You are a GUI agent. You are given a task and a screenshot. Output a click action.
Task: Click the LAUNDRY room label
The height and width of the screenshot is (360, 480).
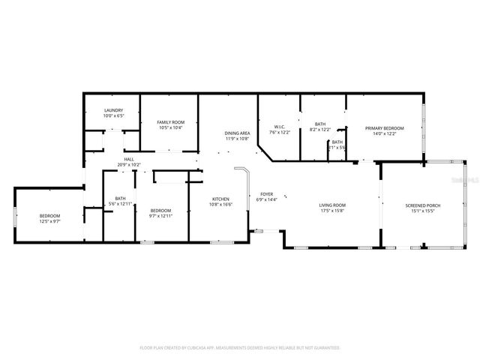113,111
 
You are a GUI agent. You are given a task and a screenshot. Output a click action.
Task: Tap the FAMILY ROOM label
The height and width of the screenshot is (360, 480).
170,122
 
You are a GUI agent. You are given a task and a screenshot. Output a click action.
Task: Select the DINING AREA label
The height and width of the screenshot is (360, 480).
236,133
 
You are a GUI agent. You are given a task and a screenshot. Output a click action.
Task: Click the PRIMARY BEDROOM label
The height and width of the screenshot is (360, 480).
384,128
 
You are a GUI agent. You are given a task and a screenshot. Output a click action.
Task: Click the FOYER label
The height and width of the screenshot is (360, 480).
267,194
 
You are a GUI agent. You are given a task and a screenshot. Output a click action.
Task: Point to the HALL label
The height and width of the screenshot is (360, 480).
129,159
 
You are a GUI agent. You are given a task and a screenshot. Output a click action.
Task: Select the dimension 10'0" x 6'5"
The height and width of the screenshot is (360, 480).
113,116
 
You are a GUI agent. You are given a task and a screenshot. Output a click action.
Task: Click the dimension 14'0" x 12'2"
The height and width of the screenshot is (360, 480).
384,133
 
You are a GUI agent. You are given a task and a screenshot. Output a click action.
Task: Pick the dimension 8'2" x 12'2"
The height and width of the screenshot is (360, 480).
320,130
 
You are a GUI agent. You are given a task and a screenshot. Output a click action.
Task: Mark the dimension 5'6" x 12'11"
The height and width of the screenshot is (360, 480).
120,204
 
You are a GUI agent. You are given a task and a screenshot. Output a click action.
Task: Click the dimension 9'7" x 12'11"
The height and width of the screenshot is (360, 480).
161,216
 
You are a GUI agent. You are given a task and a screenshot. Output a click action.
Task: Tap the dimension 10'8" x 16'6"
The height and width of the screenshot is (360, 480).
221,204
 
